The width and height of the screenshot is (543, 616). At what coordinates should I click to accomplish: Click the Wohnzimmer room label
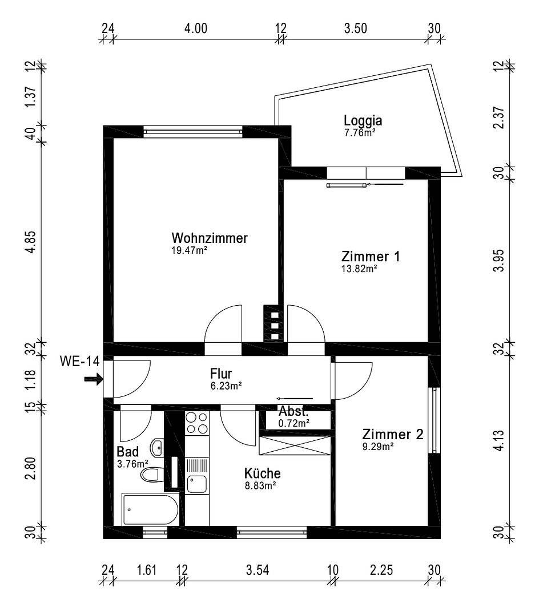coord(210,238)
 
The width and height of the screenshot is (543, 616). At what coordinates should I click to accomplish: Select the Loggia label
coord(363,120)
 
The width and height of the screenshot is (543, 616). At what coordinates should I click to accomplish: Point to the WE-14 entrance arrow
coord(91,378)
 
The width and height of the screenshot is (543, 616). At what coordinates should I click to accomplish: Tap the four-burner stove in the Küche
coord(197,424)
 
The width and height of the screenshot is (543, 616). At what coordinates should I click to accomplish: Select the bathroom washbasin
coord(157,446)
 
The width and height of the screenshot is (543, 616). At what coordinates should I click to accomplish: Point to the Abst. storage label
coord(293,411)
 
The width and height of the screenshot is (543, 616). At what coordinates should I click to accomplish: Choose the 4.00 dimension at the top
coord(196,29)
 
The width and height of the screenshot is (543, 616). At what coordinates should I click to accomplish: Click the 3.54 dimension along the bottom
coord(258,570)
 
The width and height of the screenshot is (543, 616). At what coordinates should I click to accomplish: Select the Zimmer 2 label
coord(392,435)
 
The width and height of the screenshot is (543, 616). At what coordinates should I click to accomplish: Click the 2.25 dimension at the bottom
coord(381,570)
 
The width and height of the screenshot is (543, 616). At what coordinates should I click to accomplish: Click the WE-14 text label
coord(80,361)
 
